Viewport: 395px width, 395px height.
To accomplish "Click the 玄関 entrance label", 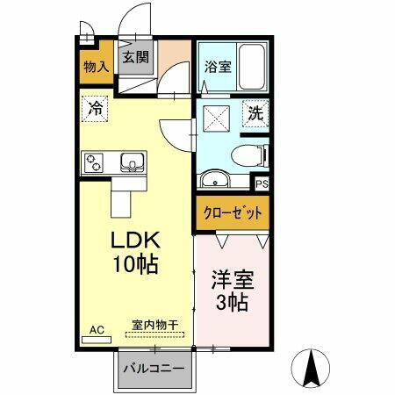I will [x=135, y=58].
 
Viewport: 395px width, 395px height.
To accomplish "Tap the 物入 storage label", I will [x=96, y=66].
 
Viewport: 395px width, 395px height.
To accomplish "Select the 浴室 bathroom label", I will [x=219, y=66].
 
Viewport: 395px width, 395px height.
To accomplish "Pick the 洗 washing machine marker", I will [x=254, y=113].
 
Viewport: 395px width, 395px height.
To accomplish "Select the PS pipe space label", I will [x=261, y=184].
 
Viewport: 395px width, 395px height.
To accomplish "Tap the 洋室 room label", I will [x=230, y=283].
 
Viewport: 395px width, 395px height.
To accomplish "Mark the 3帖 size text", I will [x=230, y=304].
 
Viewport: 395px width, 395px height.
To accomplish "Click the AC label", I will [x=97, y=329].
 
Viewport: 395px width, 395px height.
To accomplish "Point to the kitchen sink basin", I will [x=132, y=162].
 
